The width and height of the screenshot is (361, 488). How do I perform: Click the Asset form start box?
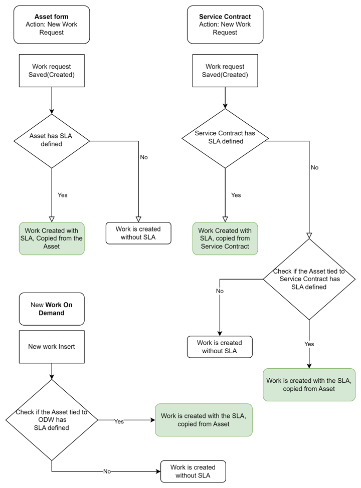click(52, 25)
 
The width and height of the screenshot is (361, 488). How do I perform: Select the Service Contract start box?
click(225, 25)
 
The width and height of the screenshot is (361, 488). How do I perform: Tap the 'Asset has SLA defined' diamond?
click(52, 141)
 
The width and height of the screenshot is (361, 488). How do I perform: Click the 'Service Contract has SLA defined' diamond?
click(225, 138)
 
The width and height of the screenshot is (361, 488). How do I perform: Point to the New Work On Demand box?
click(52, 309)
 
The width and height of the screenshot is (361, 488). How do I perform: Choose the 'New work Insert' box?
click(52, 347)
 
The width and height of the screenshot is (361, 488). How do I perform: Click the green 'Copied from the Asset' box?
click(52, 238)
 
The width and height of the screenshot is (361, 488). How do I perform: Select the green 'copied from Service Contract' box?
click(225, 238)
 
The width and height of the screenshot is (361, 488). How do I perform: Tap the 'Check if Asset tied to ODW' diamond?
click(52, 420)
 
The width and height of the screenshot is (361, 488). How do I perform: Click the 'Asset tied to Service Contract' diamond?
click(309, 279)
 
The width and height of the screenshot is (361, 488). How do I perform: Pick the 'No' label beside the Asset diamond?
click(144, 157)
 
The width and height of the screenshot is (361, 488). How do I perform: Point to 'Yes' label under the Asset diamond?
click(63, 195)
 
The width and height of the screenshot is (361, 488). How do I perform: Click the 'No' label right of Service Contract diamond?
click(314, 167)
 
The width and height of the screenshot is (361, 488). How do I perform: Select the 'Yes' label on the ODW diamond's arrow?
click(119, 421)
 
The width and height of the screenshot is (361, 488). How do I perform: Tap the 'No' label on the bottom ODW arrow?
click(107, 471)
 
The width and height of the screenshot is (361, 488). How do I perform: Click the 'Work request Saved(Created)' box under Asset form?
click(52, 71)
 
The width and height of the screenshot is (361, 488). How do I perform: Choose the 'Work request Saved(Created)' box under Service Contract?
click(225, 71)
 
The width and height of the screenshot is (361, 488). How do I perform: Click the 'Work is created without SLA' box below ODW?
click(193, 471)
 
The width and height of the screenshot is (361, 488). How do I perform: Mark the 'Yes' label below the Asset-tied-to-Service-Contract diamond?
click(309, 344)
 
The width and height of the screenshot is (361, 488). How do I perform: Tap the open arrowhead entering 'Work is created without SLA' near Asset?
click(138, 219)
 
